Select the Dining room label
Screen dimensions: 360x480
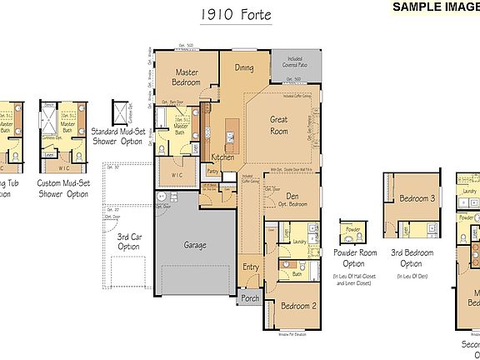pyautogui.click(x=244, y=68)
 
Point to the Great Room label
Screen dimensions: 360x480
pyautogui.click(x=278, y=125)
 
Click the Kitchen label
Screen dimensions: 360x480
pyautogui.click(x=222, y=157)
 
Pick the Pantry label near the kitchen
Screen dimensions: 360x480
pyautogui.click(x=212, y=172)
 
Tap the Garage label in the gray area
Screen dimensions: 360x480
pyautogui.click(x=195, y=246)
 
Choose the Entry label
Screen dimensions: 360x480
pyautogui.click(x=251, y=267)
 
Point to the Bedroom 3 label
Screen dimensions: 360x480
pyautogui.click(x=417, y=198)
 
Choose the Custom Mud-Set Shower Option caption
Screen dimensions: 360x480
pyautogui.click(x=62, y=188)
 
